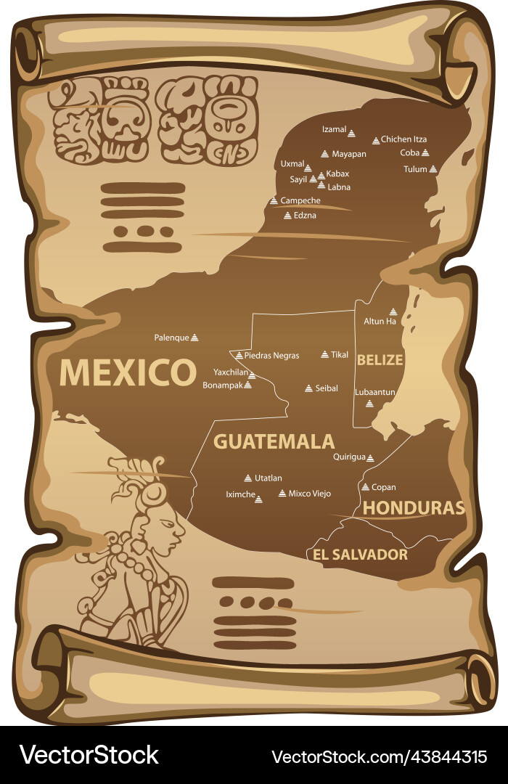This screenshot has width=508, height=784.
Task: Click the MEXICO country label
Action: [128, 372]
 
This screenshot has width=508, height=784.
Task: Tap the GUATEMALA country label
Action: [274, 441]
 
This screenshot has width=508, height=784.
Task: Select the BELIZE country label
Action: [380, 359]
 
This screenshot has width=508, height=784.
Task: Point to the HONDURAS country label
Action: [413, 507]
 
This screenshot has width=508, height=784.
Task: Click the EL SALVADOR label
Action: [360, 555]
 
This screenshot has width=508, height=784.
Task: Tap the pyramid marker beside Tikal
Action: [325, 354]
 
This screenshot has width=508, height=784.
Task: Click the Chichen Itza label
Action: [403, 139]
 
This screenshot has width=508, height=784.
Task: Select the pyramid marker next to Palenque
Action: [194, 338]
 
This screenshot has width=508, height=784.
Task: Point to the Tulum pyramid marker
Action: [433, 169]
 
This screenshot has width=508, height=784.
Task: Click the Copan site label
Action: [383, 487]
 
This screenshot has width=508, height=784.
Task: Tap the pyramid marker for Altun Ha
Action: [393, 311]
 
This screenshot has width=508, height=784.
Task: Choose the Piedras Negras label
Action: [271, 356]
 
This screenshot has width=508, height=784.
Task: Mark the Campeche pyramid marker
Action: [274, 200]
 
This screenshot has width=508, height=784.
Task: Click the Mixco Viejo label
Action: [309, 494]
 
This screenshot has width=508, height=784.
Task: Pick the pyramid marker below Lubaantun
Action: [369, 404]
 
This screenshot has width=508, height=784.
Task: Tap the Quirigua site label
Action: [349, 457]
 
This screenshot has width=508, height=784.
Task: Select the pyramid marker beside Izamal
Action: [351, 133]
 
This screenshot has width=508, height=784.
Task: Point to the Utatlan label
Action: [268, 478]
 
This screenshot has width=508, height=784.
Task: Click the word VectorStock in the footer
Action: [89, 755]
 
